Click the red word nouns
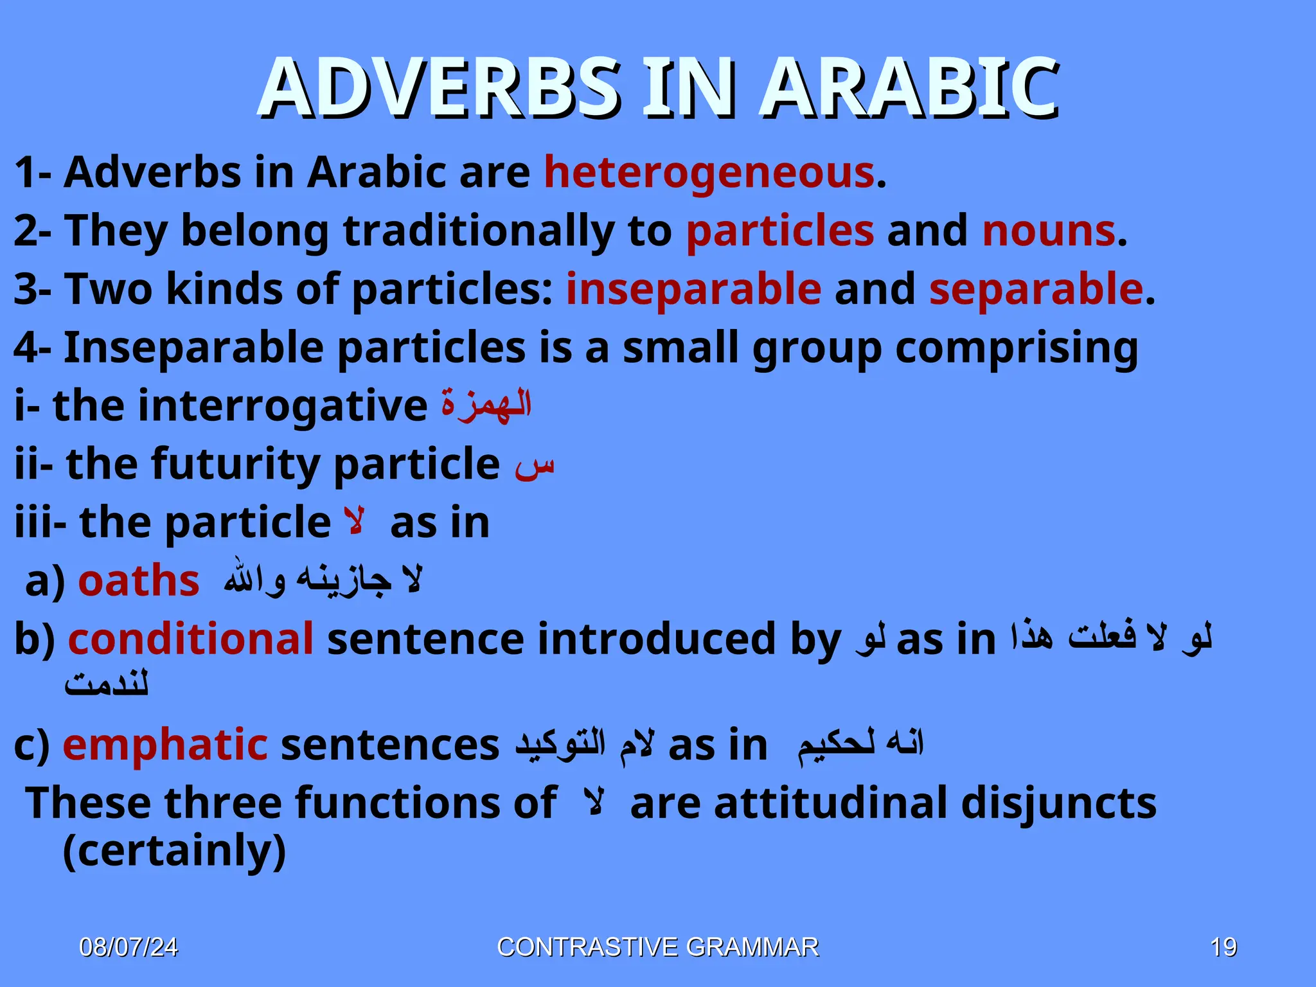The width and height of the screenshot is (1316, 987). (x=1049, y=231)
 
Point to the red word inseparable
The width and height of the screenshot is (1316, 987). (x=693, y=289)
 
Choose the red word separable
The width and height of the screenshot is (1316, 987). (x=1036, y=289)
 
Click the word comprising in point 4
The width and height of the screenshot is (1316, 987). (x=1016, y=348)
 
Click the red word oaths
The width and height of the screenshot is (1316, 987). (x=138, y=581)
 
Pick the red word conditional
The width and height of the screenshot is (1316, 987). (x=191, y=639)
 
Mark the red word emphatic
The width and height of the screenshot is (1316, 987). (x=165, y=745)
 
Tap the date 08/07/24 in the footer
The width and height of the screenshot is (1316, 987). (x=129, y=948)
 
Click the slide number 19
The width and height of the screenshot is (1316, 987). (x=1223, y=948)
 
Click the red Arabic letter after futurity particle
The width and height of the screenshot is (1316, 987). (x=534, y=467)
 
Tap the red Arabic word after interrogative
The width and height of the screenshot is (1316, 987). (x=486, y=405)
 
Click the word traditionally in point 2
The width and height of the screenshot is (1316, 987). (x=478, y=231)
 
